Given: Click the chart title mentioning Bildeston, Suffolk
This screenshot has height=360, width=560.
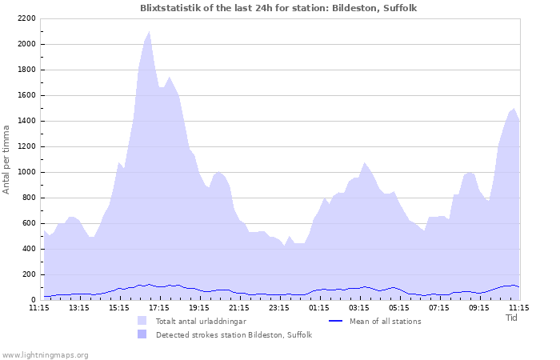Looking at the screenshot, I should click(x=278, y=8).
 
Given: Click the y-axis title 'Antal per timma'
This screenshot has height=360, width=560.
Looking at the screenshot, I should click(x=6, y=158).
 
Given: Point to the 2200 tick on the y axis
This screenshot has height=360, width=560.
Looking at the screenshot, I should click(x=26, y=18).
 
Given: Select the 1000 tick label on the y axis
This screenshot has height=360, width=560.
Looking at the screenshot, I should click(x=26, y=172).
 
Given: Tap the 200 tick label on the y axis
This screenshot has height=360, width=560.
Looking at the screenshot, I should click(x=28, y=274).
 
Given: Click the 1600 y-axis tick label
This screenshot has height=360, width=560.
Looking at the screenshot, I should click(x=26, y=95).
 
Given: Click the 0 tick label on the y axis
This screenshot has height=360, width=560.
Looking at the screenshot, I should click(x=33, y=300).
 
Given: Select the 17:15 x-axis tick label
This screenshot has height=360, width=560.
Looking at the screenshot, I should click(x=159, y=307).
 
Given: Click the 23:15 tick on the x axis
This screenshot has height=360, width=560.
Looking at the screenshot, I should click(x=279, y=307).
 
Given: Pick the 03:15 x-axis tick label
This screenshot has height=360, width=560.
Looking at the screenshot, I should click(x=359, y=307).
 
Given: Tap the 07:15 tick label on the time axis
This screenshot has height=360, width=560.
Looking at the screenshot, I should click(x=439, y=307).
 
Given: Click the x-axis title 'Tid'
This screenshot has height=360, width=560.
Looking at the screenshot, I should click(x=512, y=318).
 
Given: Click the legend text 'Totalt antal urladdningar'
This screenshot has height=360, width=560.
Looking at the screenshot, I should click(x=201, y=322).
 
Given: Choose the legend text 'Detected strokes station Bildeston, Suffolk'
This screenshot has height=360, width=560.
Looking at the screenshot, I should click(x=234, y=335).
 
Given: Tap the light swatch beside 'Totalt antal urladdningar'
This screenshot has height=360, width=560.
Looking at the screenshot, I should click(x=142, y=322).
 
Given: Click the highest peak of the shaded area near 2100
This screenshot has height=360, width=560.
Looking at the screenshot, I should click(x=149, y=32).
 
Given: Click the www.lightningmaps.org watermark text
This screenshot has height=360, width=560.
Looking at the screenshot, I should click(x=46, y=354).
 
